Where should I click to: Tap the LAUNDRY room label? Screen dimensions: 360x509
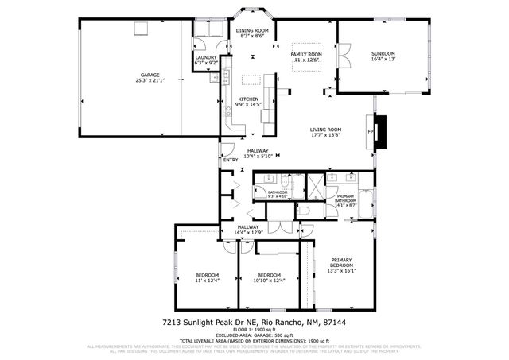(205, 60)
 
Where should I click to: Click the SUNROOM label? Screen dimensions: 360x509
(383, 56)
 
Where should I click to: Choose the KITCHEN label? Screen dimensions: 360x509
(247, 101)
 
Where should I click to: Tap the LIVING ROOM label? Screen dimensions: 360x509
(325, 132)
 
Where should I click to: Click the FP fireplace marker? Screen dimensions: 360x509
(370, 131)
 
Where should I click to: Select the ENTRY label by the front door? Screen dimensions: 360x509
(231, 160)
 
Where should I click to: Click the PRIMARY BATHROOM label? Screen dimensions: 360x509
(345, 199)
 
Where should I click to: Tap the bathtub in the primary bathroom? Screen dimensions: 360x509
(367, 201)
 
